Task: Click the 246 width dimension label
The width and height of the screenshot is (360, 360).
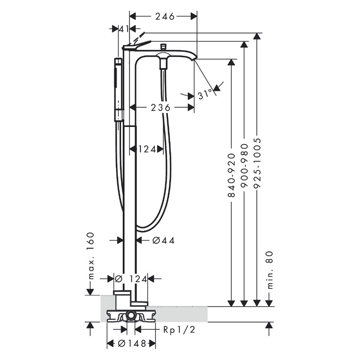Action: tap(165, 16)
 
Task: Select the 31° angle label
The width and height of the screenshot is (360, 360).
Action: tap(205, 94)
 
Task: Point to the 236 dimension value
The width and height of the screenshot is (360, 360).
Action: tap(161, 108)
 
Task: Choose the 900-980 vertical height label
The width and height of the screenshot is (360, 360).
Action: tap(244, 169)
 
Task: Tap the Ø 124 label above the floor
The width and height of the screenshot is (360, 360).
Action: tap(131, 279)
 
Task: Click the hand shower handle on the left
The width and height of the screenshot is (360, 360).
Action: tap(118, 90)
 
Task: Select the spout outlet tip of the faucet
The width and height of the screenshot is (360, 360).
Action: tap(194, 58)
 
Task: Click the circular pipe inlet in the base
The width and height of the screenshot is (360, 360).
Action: tap(131, 315)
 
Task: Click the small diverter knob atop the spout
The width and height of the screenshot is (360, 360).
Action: tap(163, 46)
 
